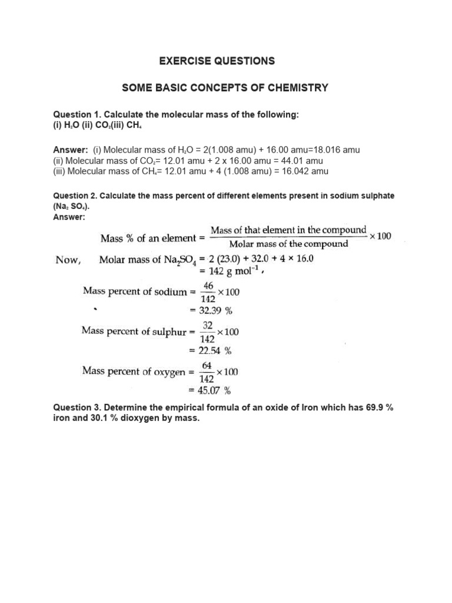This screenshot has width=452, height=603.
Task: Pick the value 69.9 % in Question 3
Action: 374,408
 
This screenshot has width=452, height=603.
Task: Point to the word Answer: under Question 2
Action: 69,217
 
